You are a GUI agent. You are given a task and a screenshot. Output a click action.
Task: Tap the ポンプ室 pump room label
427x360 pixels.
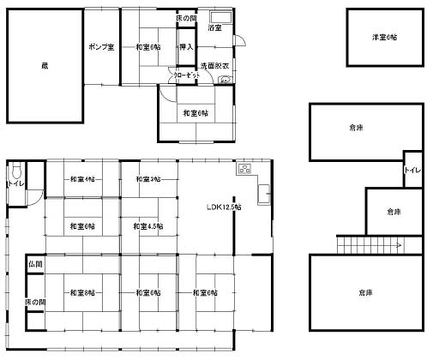[101, 46]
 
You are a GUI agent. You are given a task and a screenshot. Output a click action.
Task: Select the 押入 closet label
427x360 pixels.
[186, 46]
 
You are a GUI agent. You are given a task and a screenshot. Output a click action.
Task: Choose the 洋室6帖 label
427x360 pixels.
[384, 38]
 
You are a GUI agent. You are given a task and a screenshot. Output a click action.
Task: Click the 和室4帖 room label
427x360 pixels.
[82, 179]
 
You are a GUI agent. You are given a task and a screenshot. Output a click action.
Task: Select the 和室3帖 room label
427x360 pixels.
[148, 179]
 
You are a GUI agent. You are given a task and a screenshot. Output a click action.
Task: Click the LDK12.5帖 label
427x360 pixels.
[224, 207]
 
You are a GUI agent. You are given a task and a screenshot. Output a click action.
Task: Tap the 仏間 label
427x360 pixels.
[35, 266]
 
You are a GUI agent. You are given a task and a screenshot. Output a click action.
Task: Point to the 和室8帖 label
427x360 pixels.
[82, 292]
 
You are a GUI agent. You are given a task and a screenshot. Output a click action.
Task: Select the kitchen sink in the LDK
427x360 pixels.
[263, 195]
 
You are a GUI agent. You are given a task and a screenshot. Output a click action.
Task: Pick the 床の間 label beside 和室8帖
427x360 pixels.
[35, 303]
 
